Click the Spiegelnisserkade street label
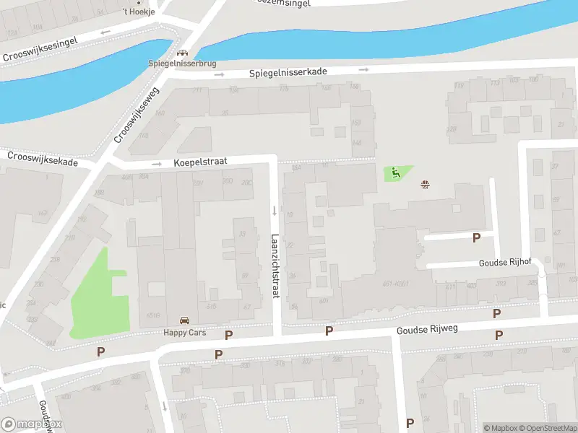click(288, 74)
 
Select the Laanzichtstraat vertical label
click(275, 266)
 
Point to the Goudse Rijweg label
click(428, 330)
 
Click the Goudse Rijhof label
click(504, 263)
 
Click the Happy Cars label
click(184, 332)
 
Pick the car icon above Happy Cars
click(184, 320)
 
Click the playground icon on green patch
click(395, 172)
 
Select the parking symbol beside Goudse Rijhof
click(476, 237)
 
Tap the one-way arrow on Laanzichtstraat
click(275, 211)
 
